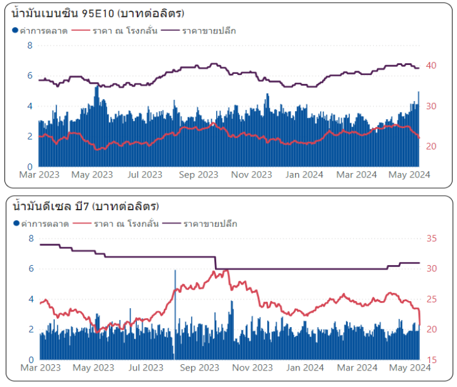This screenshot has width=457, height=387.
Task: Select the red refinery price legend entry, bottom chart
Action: pyautogui.click(x=116, y=223)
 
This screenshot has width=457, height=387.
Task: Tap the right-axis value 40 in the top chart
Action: pyautogui.click(x=432, y=65)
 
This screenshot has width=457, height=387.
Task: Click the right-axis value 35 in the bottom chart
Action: pyautogui.click(x=432, y=239)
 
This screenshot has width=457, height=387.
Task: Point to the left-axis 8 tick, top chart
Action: pyautogui.click(x=30, y=45)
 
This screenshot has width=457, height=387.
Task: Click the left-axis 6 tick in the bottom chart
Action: pyautogui.click(x=30, y=269)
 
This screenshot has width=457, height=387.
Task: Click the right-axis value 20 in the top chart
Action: pyautogui.click(x=432, y=146)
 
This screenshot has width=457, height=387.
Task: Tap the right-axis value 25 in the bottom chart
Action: pyautogui.click(x=432, y=299)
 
